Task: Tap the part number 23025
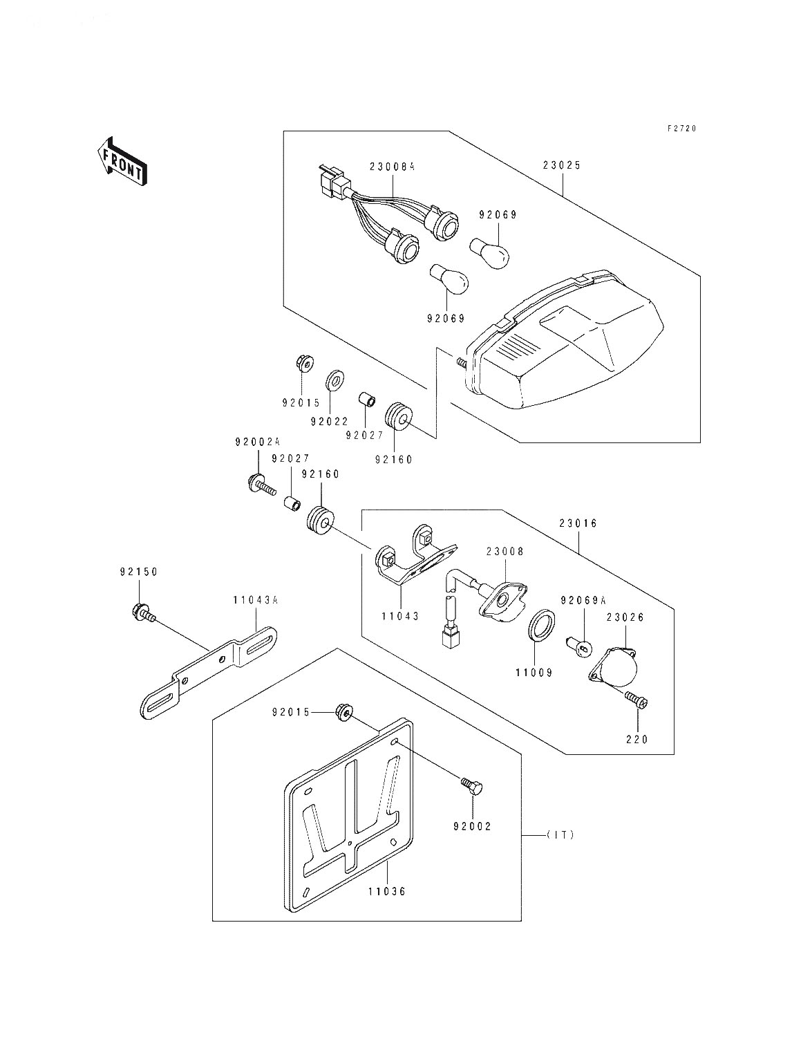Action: tap(562, 166)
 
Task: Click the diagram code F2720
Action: tap(681, 129)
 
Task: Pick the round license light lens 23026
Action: tap(617, 665)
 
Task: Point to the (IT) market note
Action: tap(560, 835)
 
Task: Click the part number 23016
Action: tap(579, 524)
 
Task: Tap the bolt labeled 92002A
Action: tap(261, 485)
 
